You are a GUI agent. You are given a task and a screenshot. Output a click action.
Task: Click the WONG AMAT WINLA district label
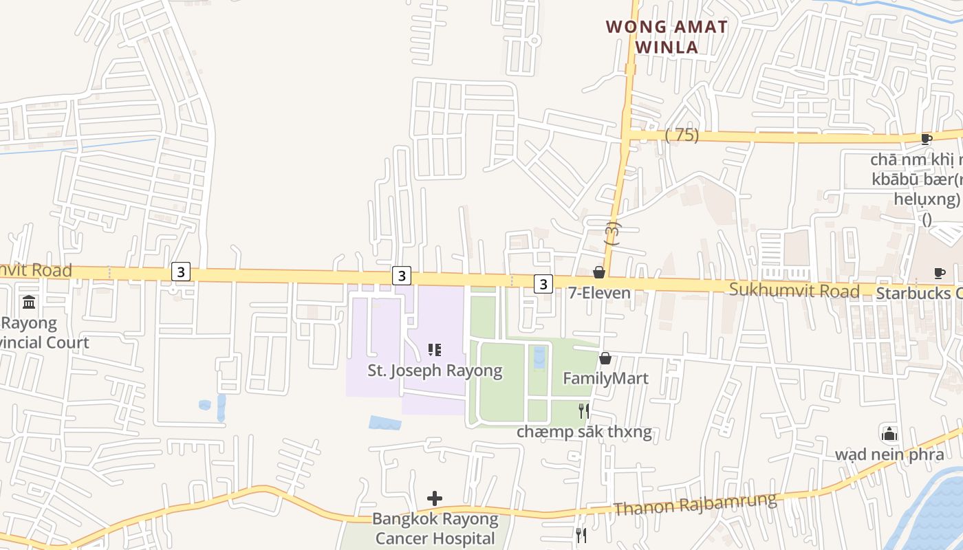[666, 37]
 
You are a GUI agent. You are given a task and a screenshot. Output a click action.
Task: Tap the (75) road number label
[682, 135]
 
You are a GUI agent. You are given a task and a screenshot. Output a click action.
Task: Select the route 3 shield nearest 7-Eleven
[543, 283]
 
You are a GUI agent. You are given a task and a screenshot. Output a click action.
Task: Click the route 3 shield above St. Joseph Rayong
[402, 276]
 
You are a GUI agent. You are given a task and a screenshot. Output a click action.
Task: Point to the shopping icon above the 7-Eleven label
[599, 273]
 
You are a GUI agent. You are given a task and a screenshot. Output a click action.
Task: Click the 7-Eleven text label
[599, 293]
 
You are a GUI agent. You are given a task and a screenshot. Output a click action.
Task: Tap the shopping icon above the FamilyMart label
[605, 358]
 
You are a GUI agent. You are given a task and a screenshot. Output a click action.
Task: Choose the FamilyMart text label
[605, 378]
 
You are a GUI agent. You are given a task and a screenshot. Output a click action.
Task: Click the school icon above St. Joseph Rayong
[434, 351]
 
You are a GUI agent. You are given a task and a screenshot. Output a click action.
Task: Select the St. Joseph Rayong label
[435, 371]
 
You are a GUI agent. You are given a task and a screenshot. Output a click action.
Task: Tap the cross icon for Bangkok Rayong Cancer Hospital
[435, 498]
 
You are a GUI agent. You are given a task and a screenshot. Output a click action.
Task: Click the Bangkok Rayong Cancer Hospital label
[435, 528]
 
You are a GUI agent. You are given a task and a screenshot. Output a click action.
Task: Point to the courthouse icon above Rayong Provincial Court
[29, 302]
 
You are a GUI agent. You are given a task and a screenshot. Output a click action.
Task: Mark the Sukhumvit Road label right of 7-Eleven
[794, 290]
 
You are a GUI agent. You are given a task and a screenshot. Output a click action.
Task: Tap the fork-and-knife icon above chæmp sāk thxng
[583, 411]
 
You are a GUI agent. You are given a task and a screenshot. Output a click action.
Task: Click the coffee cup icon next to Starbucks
[939, 274]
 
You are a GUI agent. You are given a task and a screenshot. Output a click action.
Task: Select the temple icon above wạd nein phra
[889, 434]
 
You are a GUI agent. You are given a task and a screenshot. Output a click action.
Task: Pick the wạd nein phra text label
[889, 454]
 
